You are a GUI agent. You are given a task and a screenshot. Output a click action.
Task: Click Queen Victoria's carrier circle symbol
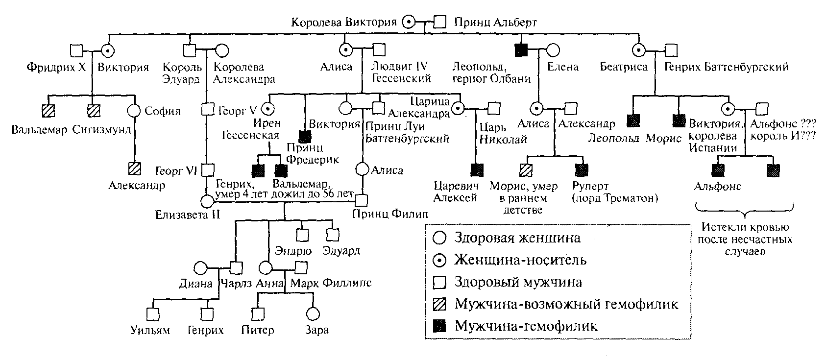coord(409,22)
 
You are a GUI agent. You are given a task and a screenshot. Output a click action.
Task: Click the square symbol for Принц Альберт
coord(440,22)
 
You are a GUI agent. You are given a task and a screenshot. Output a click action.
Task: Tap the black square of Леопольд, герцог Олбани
coord(520,49)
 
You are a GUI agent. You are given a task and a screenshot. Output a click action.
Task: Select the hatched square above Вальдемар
coord(48,111)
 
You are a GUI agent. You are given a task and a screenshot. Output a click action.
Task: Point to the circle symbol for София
coord(134,111)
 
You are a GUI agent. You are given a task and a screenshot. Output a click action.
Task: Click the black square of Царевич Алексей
coord(476,170)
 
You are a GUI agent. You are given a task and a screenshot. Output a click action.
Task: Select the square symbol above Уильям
coord(153,314)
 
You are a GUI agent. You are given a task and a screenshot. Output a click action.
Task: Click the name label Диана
coord(195,284)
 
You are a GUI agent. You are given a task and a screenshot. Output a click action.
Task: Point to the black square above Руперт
coord(582,170)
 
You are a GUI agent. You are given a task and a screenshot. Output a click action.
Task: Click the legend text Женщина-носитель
coord(520,260)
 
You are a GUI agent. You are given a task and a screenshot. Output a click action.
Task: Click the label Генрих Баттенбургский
coord(726,67)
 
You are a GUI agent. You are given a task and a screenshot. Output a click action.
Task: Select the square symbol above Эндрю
coord(302,235)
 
